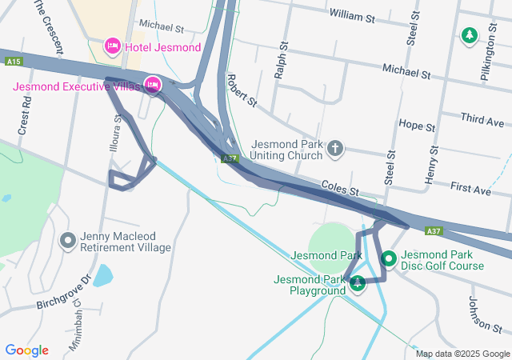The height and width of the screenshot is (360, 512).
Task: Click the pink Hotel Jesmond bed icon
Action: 113,47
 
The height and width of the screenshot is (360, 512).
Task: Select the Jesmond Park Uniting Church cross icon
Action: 335,148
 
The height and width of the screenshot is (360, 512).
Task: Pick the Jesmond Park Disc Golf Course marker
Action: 389,258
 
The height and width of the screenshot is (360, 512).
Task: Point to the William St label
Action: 352,16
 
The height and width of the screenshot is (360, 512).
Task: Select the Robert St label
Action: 241,91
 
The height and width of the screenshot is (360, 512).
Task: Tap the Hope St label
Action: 416,126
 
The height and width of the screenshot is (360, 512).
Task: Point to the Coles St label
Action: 339,187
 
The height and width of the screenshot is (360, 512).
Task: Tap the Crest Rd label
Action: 26,117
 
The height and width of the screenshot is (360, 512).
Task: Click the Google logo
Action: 26,350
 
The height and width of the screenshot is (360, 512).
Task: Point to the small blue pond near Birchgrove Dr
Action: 103,276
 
